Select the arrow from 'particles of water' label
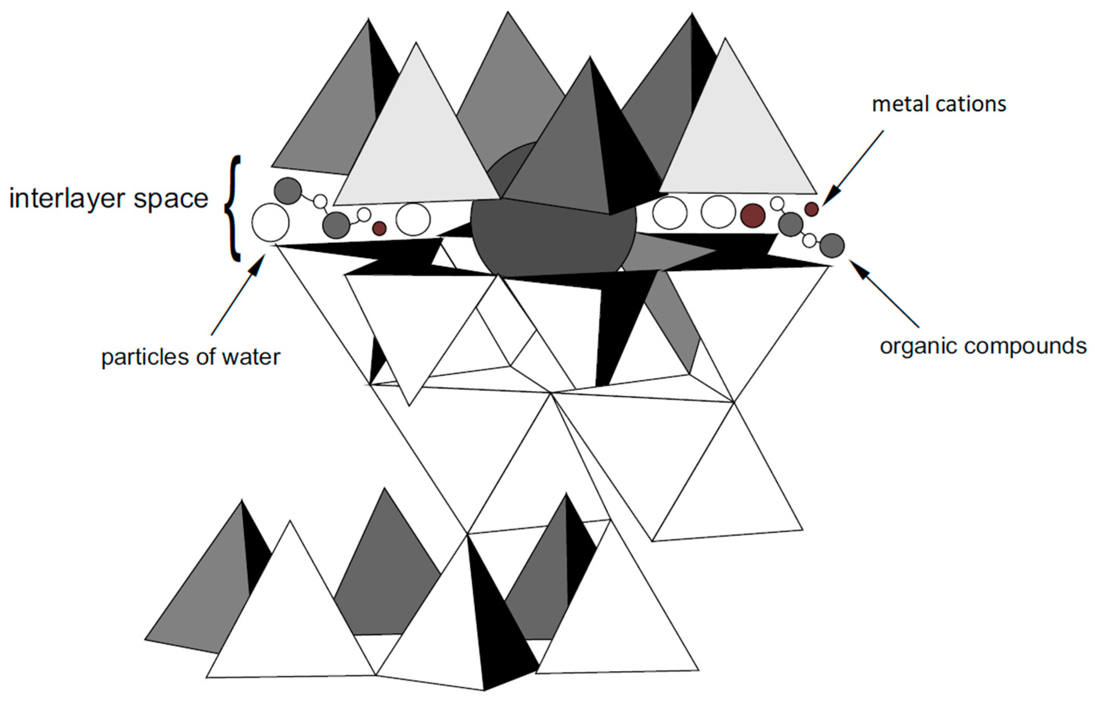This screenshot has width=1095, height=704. pyautogui.click(x=238, y=295)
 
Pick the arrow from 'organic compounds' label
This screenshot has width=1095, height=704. pyautogui.click(x=885, y=295)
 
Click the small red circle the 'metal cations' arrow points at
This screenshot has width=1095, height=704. pyautogui.click(x=811, y=209)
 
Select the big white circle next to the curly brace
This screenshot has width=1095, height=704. pyautogui.click(x=270, y=223)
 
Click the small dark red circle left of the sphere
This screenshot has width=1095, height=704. pyautogui.click(x=379, y=228)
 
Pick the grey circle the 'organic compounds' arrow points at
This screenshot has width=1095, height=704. pyautogui.click(x=832, y=246)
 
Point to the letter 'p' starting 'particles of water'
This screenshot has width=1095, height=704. pyautogui.click(x=106, y=358)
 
